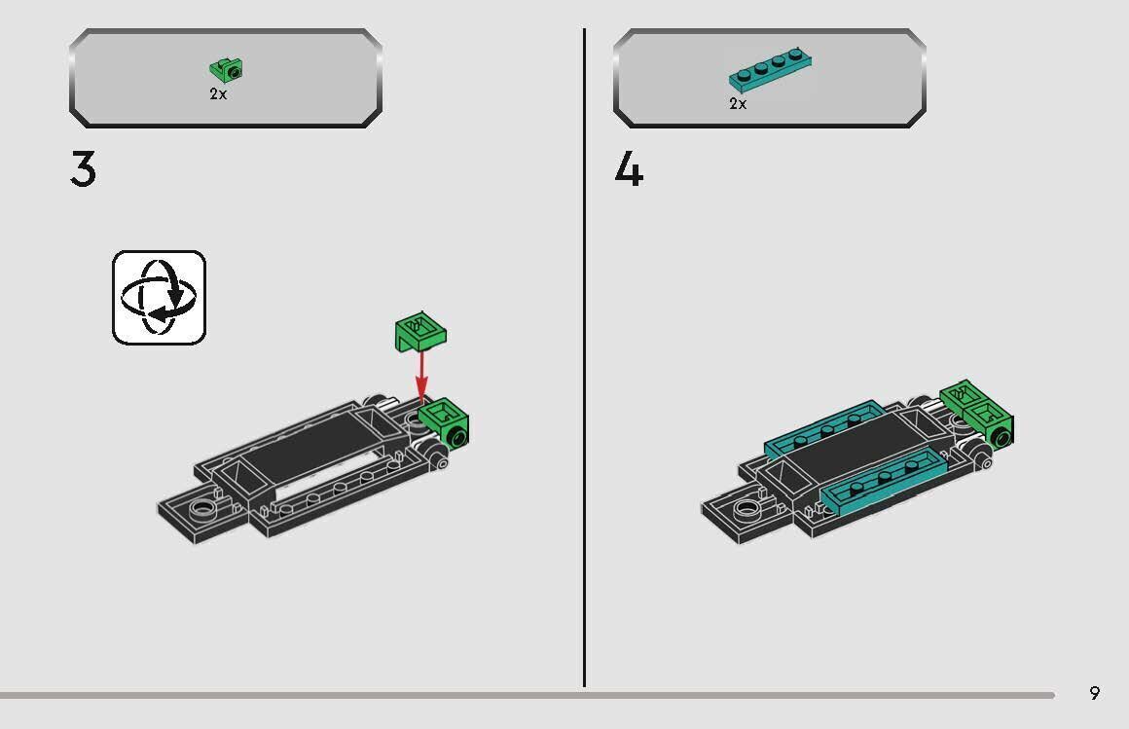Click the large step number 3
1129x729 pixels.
[x=84, y=170]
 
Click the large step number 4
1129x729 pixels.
[x=629, y=170]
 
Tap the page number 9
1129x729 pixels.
[x=1094, y=693]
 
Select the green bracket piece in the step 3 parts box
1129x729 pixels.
[x=227, y=69]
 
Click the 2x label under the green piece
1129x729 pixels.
[x=218, y=94]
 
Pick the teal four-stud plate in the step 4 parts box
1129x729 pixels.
[x=770, y=70]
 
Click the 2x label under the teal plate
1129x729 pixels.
[x=738, y=103]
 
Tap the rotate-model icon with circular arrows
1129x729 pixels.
[x=159, y=297]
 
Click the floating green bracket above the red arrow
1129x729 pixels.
[x=420, y=332]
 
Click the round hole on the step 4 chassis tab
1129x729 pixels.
[x=746, y=506]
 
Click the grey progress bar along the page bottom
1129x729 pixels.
[x=526, y=695]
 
